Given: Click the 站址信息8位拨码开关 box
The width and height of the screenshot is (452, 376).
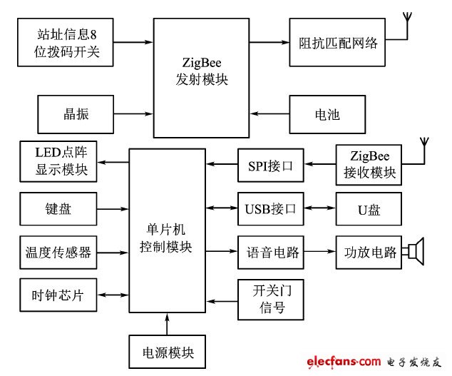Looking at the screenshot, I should coord(65,42).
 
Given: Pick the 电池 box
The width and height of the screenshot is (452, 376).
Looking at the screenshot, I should coord(327,113).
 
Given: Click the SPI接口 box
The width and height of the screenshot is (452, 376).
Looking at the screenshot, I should coord(270,164).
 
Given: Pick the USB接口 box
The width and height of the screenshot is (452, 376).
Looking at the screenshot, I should coord(270,210).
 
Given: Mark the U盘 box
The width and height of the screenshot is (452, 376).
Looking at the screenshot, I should coord(368,210).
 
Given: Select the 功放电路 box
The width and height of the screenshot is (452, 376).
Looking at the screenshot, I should coord(368,252).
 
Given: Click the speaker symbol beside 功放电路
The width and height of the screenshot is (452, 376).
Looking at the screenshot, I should coord(414,252).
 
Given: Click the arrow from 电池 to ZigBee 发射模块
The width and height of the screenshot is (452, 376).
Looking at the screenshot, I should coord(270,113).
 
